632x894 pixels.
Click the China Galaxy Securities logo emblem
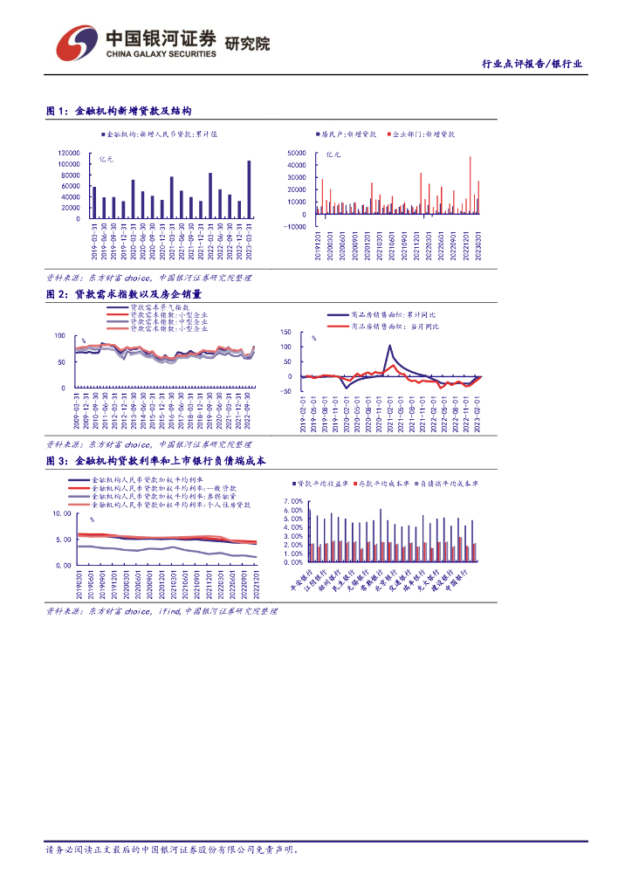(x=76, y=42)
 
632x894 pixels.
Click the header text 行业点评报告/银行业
(x=532, y=65)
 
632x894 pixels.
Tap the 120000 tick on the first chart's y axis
(x=69, y=153)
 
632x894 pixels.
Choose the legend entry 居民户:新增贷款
(x=347, y=134)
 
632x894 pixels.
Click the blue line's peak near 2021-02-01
(x=389, y=346)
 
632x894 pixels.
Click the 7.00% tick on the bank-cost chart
(x=294, y=501)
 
